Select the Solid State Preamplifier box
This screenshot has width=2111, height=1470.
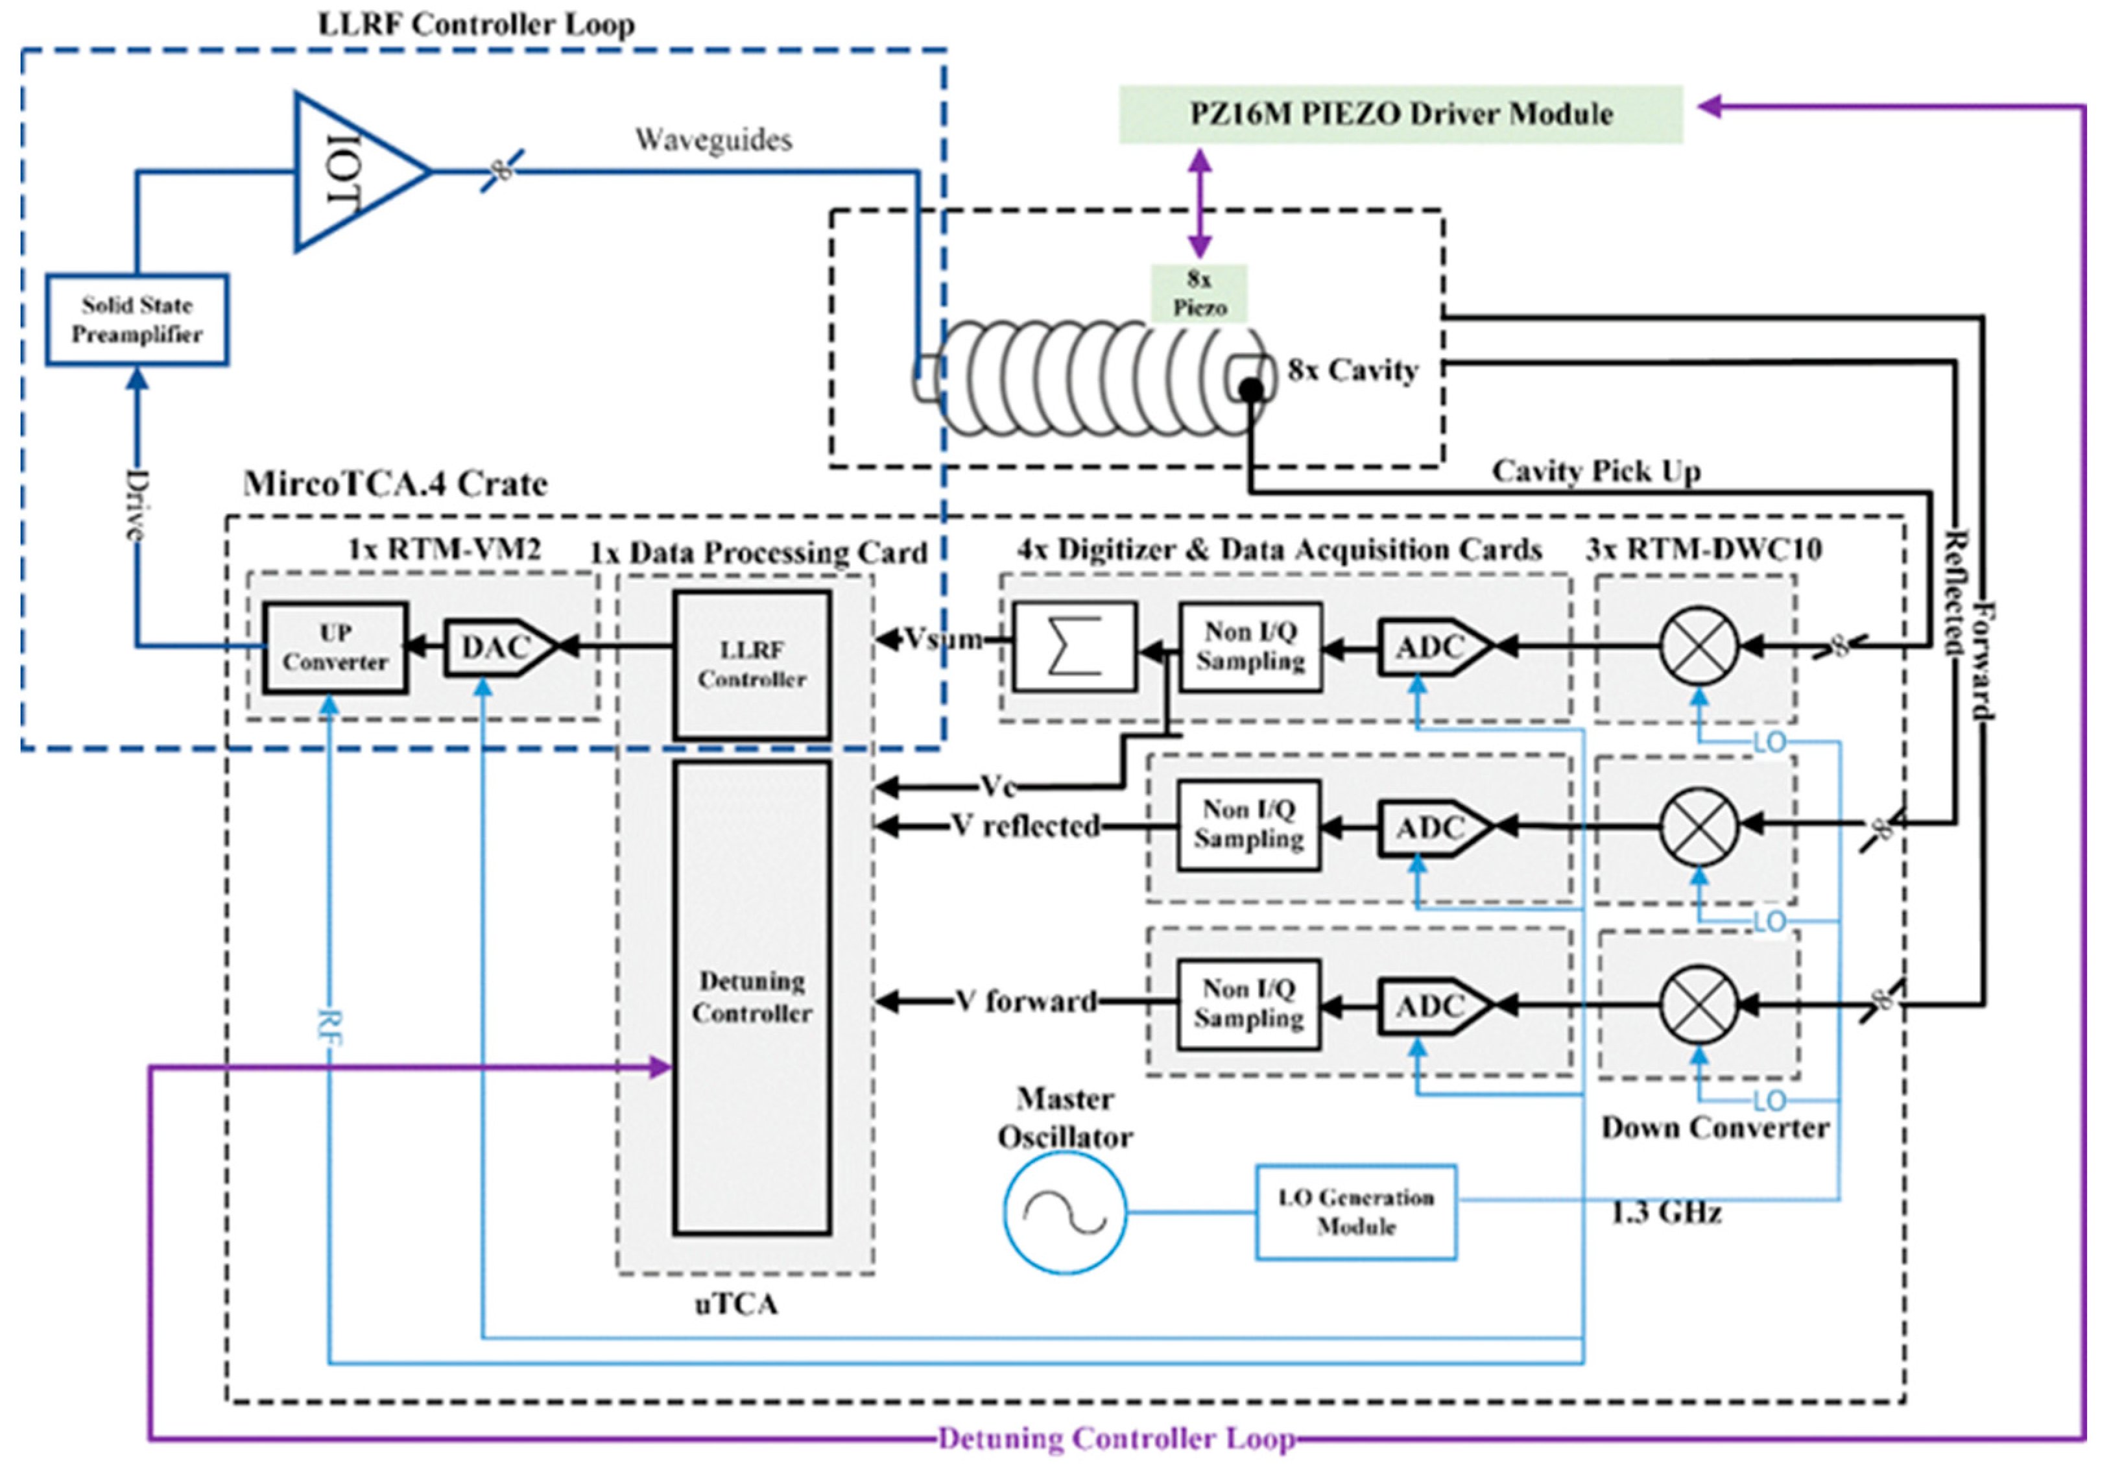point(137,319)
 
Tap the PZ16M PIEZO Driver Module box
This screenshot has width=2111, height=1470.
point(1400,114)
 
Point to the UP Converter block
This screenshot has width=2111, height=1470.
point(335,647)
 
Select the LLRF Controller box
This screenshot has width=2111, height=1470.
point(752,664)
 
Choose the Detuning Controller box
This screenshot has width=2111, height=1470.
point(752,997)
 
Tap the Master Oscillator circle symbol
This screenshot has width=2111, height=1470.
point(1065,1213)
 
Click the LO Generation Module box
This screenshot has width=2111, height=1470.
point(1356,1212)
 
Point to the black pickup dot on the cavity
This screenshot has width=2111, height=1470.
point(1250,391)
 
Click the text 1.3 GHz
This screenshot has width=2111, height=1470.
point(1665,1213)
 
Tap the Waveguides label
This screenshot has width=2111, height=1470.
point(713,140)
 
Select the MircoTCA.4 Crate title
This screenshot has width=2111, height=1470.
point(396,484)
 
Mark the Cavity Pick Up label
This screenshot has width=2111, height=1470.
point(1595,471)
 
